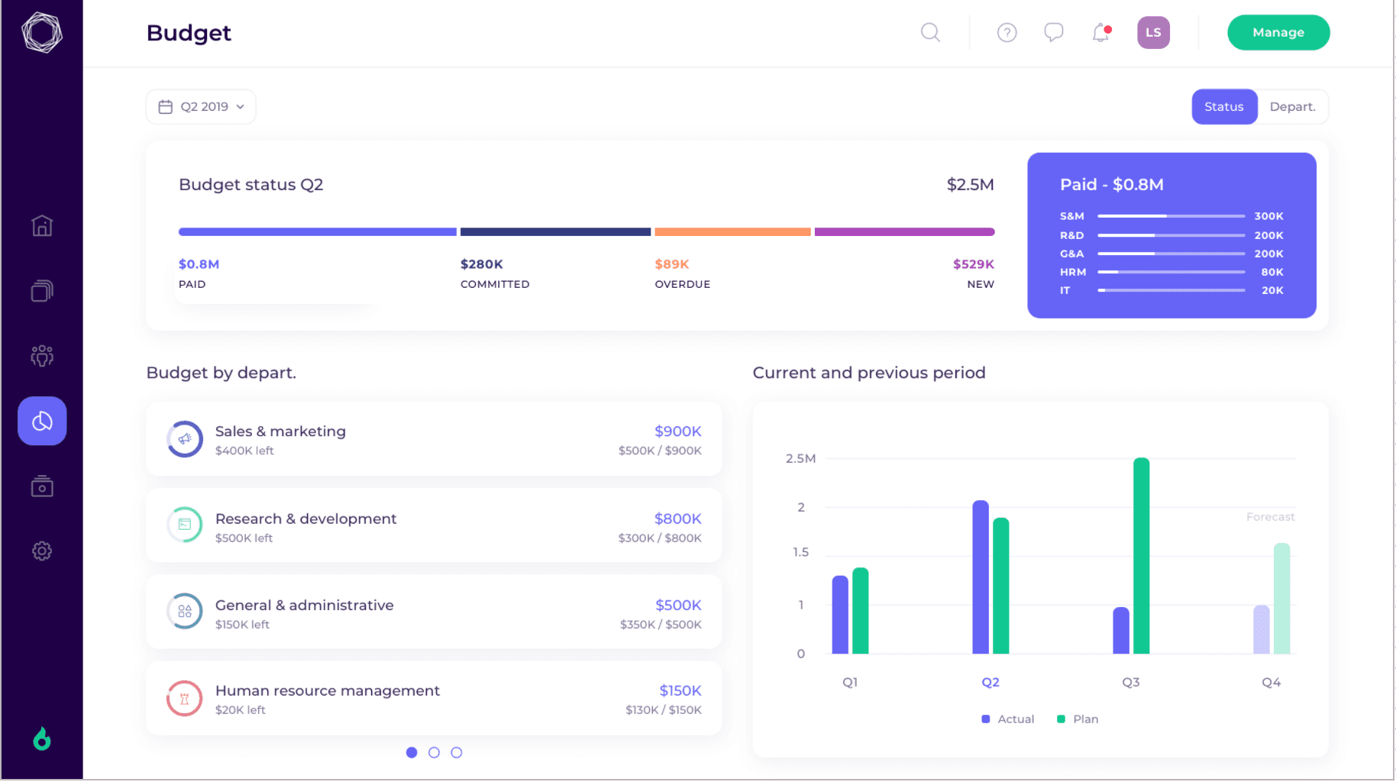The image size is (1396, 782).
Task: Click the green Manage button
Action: pos(1278,33)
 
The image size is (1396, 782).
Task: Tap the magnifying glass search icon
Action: pos(929,33)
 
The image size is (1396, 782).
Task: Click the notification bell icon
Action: pos(1100,33)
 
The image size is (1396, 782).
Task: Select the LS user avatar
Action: pos(1153,33)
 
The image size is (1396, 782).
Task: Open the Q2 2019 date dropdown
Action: pos(201,107)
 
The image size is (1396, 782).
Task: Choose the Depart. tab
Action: pos(1292,107)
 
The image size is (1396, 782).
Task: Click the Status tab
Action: pos(1223,107)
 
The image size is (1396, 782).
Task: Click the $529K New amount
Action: pos(973,264)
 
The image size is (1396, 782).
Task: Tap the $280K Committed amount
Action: pos(482,264)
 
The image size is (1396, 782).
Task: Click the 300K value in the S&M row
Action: pos(1268,216)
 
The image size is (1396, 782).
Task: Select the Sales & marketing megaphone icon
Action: pos(185,439)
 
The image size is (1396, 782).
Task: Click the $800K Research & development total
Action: pos(677,519)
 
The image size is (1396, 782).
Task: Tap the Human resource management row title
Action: pos(328,690)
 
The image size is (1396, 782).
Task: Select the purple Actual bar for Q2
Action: pos(981,577)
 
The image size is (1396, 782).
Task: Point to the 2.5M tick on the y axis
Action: pos(800,458)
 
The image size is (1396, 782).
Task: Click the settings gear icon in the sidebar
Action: pos(42,551)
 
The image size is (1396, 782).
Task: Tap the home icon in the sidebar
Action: pos(42,226)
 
